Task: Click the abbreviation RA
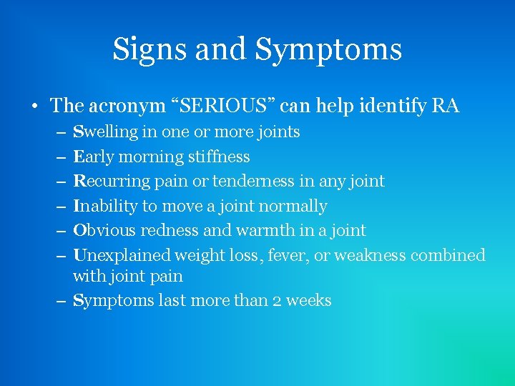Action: pyautogui.click(x=446, y=107)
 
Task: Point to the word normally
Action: pyautogui.click(x=293, y=207)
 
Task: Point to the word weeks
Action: pyautogui.click(x=309, y=301)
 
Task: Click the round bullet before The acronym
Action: pyautogui.click(x=34, y=107)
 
